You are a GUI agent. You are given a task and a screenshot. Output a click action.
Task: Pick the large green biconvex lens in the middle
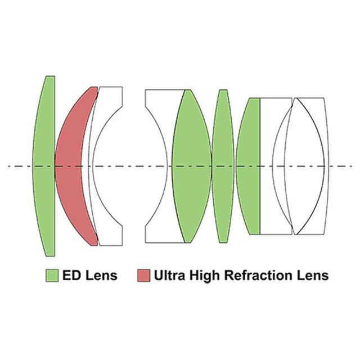pyautogui.click(x=192, y=166)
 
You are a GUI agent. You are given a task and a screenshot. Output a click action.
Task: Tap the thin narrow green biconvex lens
pyautogui.click(x=223, y=166)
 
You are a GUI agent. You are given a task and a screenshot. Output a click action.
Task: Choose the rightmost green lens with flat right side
pyautogui.click(x=249, y=166)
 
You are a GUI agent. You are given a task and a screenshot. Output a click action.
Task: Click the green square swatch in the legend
pyautogui.click(x=52, y=275)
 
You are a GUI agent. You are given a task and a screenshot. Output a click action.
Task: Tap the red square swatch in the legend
pyautogui.click(x=144, y=275)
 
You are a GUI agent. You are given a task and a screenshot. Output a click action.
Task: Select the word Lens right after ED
pyautogui.click(x=101, y=275)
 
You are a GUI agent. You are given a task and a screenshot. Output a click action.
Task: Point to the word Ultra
pyautogui.click(x=169, y=275)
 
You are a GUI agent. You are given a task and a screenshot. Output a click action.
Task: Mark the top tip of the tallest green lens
pyautogui.click(x=51, y=76)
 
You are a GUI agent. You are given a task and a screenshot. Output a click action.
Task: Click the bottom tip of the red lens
pyautogui.click(x=94, y=245)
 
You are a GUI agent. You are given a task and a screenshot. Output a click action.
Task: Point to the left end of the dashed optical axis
pyautogui.click(x=8, y=166)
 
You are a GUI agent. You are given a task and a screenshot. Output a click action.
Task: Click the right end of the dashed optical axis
pyautogui.click(x=352, y=166)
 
